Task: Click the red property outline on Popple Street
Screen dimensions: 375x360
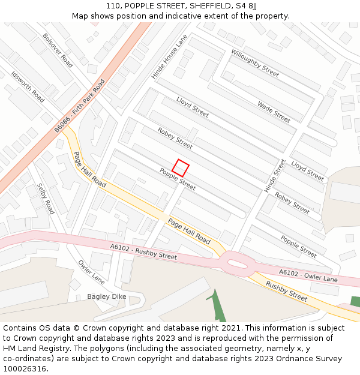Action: point(181,167)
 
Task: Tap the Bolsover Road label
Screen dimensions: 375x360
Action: point(58,50)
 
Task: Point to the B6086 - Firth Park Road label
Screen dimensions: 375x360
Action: point(79,106)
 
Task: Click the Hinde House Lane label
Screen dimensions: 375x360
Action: point(169,56)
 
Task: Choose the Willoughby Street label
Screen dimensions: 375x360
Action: point(255,63)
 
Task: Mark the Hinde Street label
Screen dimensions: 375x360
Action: point(275,176)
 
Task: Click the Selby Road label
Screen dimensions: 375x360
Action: point(46,199)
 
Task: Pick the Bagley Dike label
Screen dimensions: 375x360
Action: point(107,296)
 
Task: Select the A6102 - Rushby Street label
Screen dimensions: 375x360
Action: point(143,251)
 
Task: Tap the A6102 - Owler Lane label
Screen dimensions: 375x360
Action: point(308,276)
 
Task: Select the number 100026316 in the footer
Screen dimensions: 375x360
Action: point(24,369)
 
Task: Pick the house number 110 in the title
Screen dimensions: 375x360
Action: point(113,6)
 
